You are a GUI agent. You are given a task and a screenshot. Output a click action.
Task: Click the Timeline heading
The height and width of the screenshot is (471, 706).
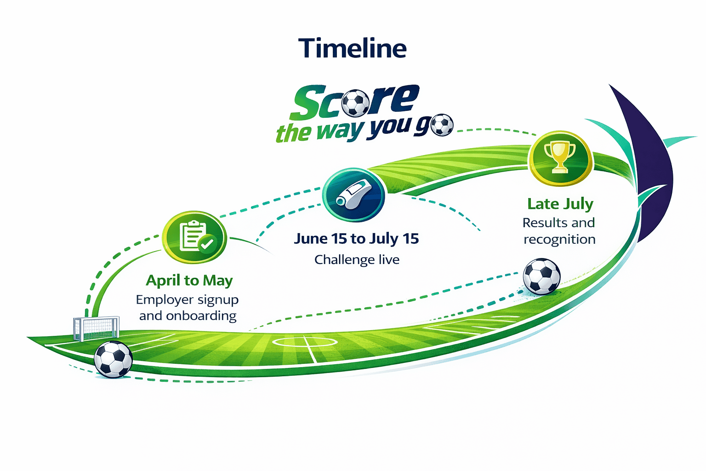tap(353, 48)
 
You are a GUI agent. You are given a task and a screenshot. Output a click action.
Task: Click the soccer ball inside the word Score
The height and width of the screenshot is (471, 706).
tap(355, 103)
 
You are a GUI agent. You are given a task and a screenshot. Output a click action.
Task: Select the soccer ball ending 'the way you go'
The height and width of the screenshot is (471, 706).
tap(442, 125)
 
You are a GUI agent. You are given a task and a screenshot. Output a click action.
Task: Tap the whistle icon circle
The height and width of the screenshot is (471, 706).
tap(354, 195)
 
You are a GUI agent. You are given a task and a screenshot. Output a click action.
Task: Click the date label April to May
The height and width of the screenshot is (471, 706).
tap(189, 281)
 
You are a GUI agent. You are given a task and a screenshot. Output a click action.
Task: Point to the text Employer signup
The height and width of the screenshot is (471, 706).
tap(187, 300)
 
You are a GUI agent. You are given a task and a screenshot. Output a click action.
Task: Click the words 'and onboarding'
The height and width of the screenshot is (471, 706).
tap(188, 316)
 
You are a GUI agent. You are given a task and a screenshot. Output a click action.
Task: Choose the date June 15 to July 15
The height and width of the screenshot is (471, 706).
tap(356, 239)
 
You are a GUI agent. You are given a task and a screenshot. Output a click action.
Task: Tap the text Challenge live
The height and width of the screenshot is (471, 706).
tap(357, 259)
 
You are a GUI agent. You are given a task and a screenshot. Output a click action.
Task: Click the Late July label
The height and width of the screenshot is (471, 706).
tap(560, 204)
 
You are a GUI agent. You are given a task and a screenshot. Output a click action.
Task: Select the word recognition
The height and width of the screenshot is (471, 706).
tap(559, 240)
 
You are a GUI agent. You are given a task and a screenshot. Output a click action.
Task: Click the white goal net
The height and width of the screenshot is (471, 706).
tap(96, 328)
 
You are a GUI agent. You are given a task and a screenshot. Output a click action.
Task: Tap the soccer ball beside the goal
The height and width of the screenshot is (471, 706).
tap(113, 359)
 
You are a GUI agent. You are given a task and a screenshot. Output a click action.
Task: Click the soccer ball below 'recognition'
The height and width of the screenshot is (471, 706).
tap(541, 277)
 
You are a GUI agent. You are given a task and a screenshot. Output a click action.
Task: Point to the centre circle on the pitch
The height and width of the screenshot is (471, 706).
tap(305, 342)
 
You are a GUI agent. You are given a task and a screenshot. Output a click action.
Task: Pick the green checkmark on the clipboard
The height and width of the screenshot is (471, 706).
tap(207, 243)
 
